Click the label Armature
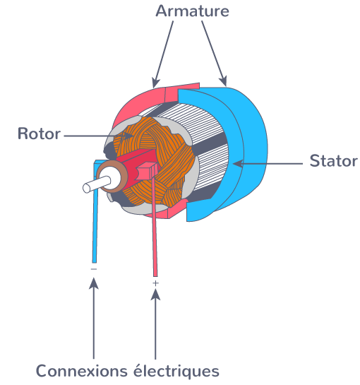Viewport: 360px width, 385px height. point(193,11)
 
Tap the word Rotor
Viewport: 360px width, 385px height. point(39,134)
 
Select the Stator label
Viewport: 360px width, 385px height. point(333,161)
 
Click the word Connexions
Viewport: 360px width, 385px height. point(82,371)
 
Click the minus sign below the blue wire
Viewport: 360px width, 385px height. point(94,269)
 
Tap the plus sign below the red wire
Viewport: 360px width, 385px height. point(155,283)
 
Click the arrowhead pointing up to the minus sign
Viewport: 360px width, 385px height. point(93,283)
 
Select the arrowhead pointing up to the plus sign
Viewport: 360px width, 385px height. point(155,295)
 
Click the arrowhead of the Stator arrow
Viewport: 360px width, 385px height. point(238,163)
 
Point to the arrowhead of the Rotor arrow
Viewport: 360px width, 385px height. point(128,136)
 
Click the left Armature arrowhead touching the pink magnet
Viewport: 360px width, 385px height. point(155,82)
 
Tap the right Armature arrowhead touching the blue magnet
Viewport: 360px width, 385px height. point(223,81)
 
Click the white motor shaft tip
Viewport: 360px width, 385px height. point(87,188)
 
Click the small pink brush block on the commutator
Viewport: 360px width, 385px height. point(147,171)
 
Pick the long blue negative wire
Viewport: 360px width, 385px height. point(95,211)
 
